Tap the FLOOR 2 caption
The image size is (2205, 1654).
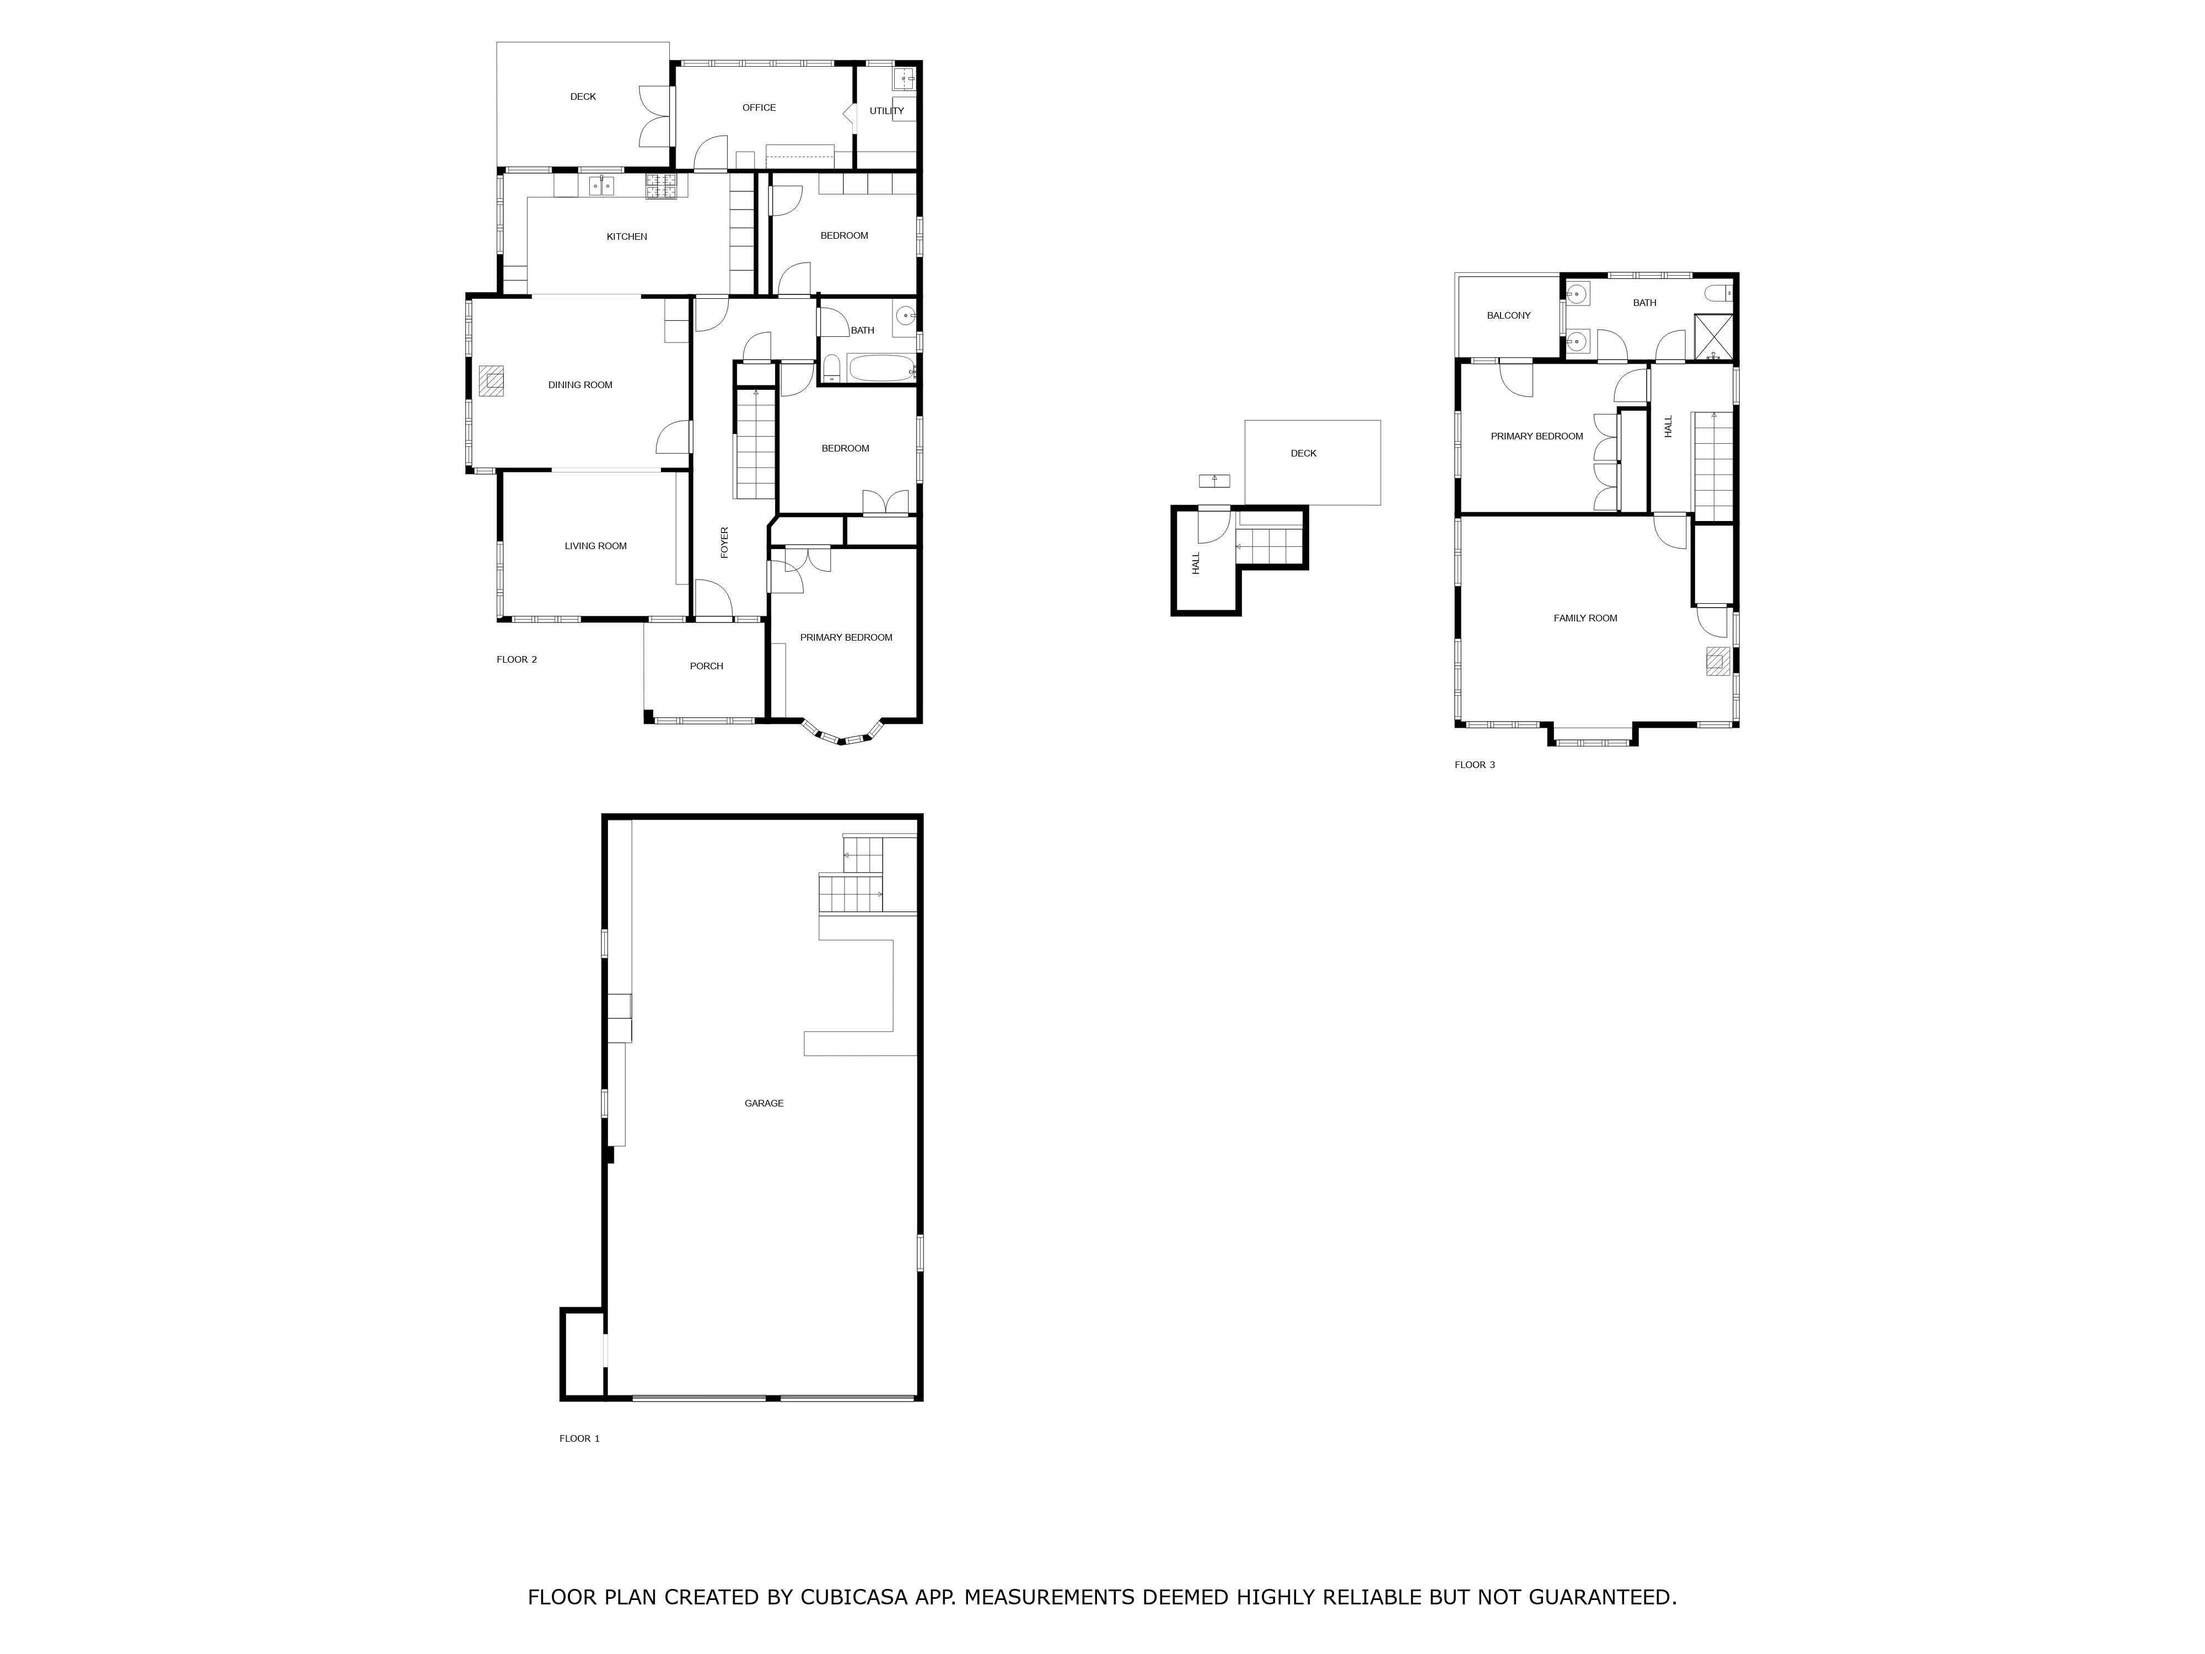click(517, 659)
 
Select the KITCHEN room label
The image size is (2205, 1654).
click(627, 237)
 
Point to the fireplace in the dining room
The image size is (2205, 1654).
click(491, 382)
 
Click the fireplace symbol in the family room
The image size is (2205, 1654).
click(1718, 661)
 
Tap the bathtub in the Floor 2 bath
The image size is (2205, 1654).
click(881, 368)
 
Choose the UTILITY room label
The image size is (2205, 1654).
click(886, 111)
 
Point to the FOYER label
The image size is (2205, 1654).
click(725, 543)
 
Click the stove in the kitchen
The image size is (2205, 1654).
click(661, 185)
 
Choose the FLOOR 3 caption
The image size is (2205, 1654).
click(1475, 765)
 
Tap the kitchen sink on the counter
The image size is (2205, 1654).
click(601, 185)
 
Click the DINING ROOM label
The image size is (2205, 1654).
click(580, 385)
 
